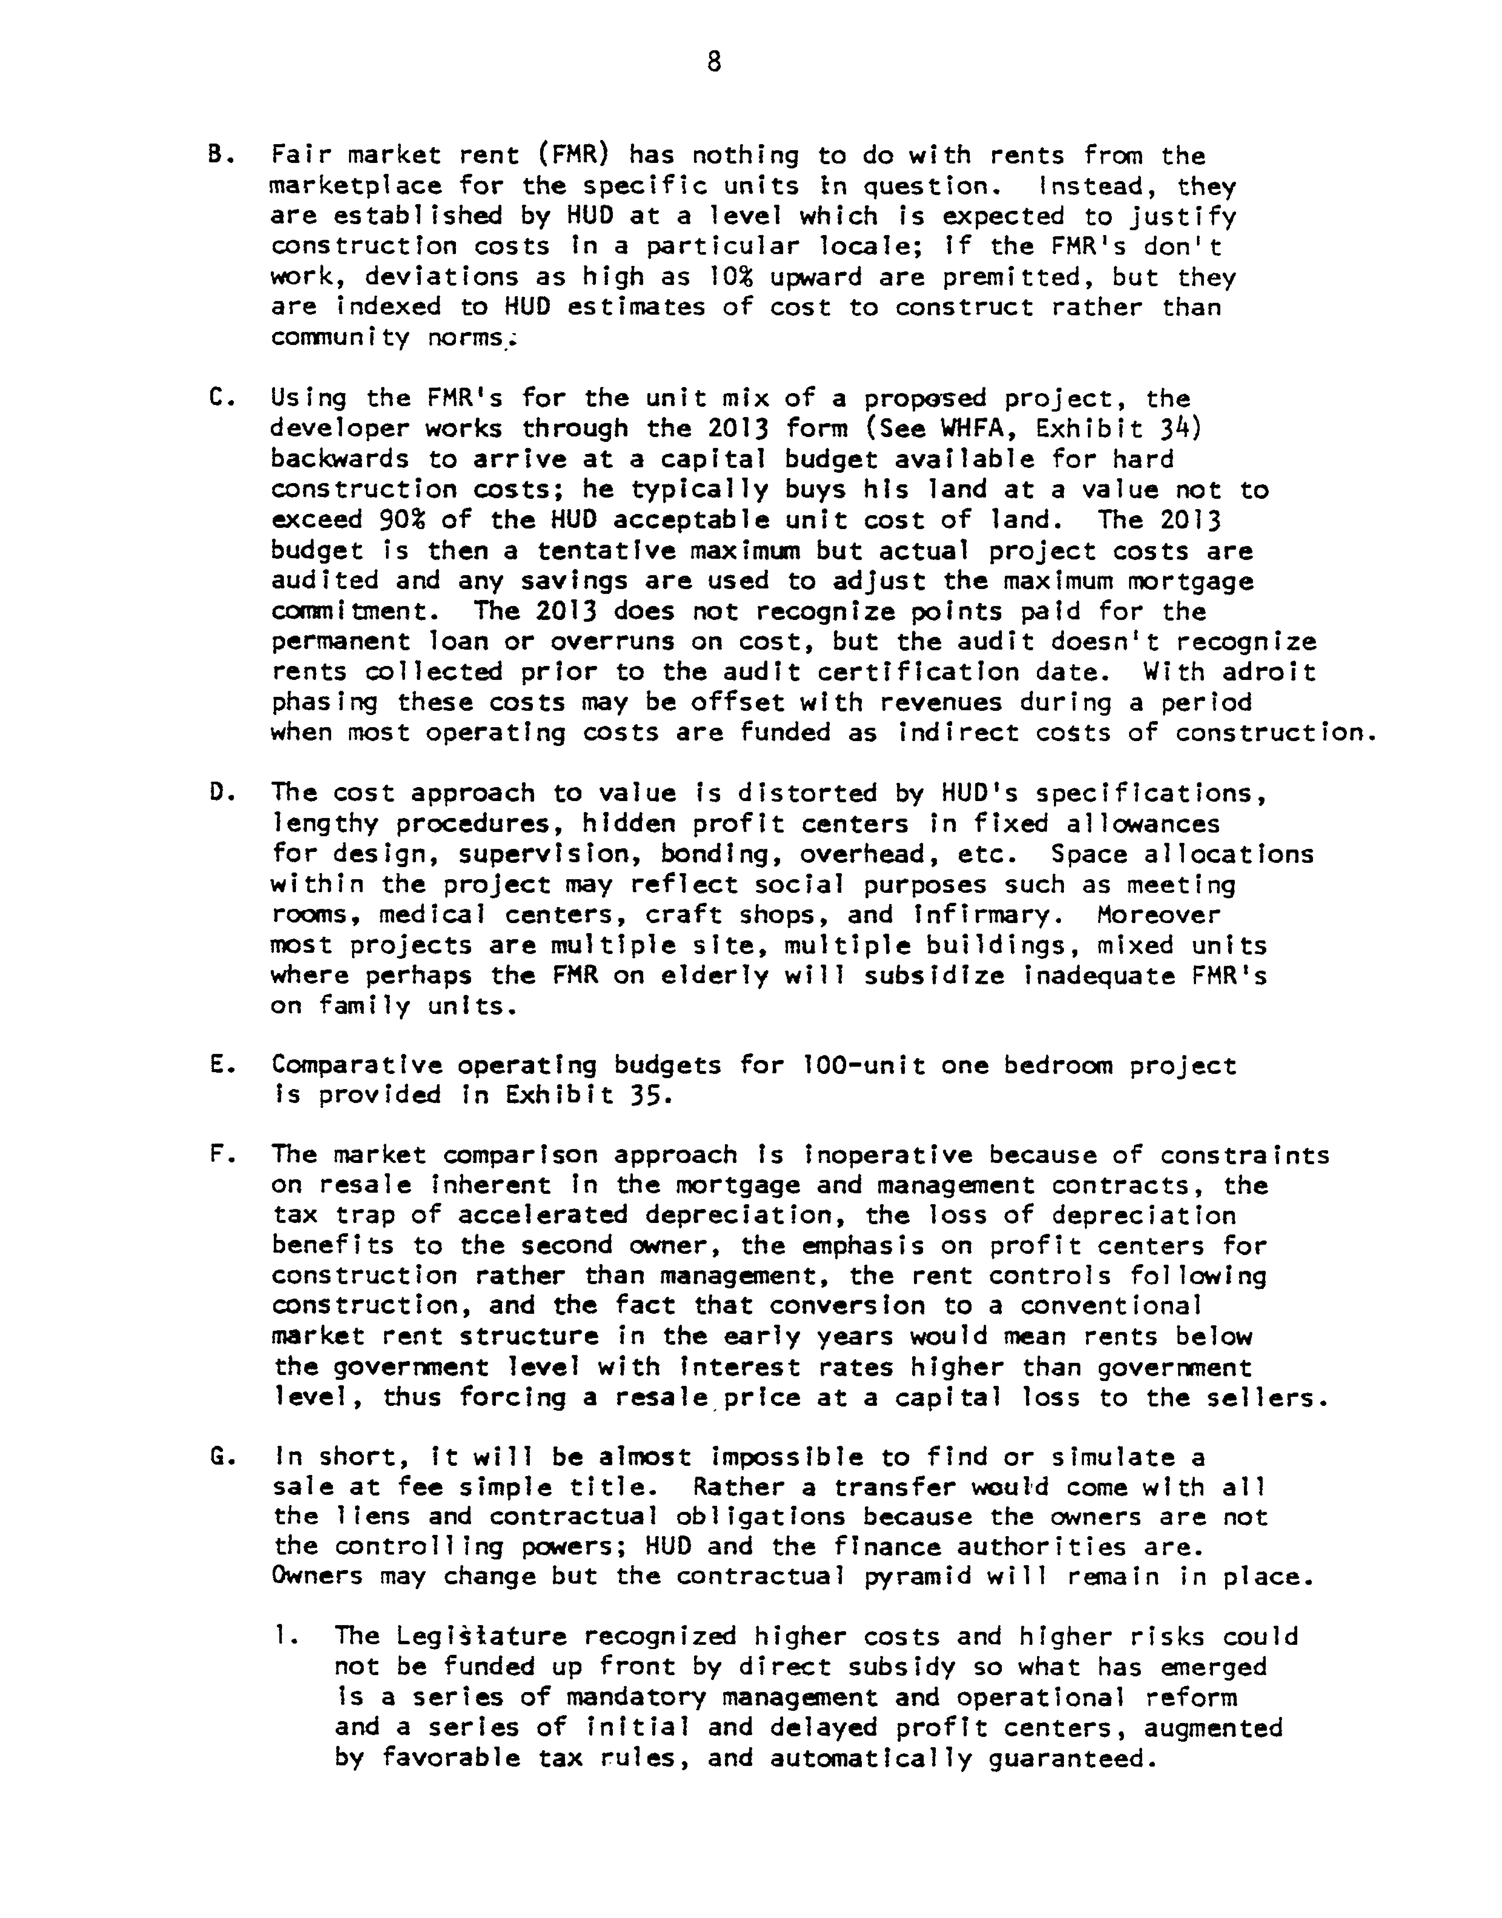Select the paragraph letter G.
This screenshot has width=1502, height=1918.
pos(216,1457)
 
